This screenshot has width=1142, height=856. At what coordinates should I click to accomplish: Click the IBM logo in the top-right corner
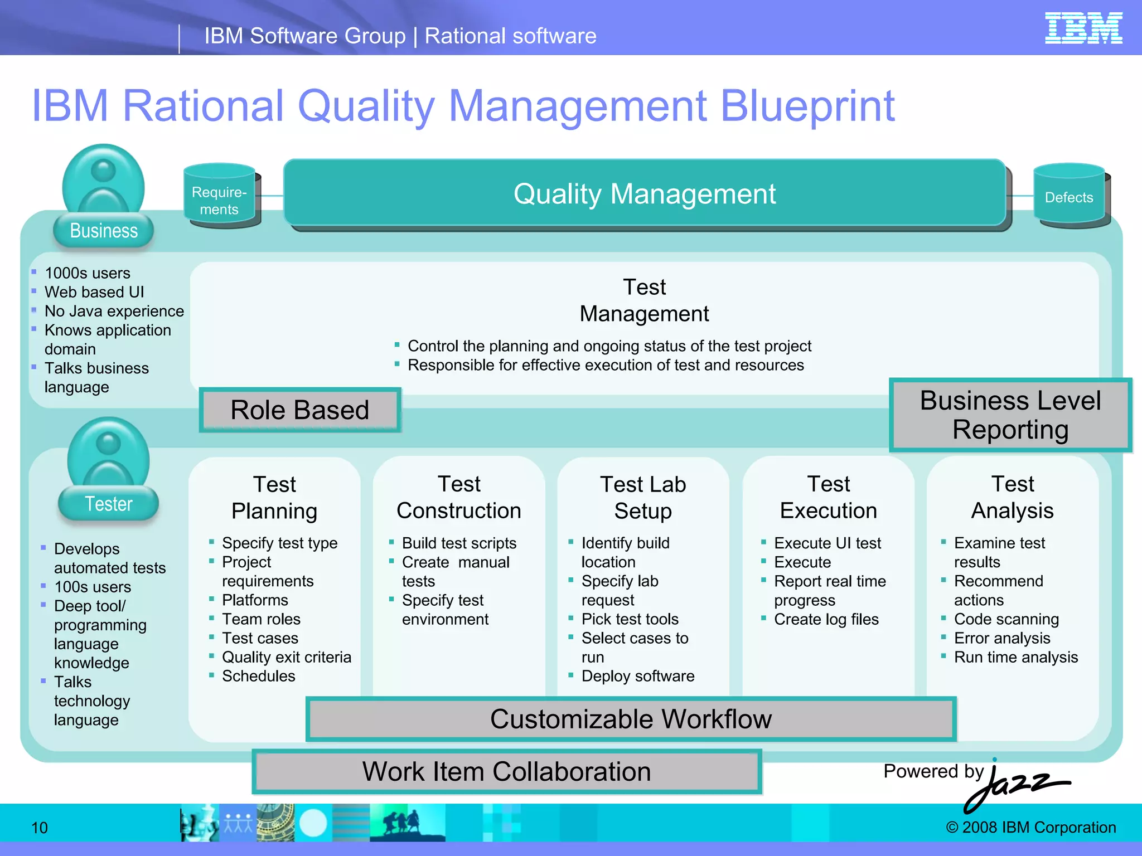pyautogui.click(x=1083, y=28)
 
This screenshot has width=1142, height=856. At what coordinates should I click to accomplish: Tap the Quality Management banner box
pyautogui.click(x=644, y=194)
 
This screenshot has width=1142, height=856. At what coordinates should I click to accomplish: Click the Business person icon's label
pyautogui.click(x=104, y=231)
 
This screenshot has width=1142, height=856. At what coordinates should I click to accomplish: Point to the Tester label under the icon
pyautogui.click(x=108, y=504)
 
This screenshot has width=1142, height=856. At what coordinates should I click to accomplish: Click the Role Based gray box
pyautogui.click(x=300, y=410)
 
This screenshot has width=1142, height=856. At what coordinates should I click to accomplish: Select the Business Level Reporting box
pyautogui.click(x=1010, y=415)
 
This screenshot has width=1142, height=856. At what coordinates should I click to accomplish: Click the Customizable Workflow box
pyautogui.click(x=631, y=719)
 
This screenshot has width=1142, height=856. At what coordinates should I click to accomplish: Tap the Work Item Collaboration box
pyautogui.click(x=506, y=772)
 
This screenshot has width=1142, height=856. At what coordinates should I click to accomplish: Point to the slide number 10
pyautogui.click(x=40, y=828)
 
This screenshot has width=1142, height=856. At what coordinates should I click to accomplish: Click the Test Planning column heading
pyautogui.click(x=274, y=498)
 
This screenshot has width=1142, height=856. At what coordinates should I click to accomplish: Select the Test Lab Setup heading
pyautogui.click(x=643, y=498)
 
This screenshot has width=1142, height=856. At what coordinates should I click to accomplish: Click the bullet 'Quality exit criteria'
pyautogui.click(x=286, y=657)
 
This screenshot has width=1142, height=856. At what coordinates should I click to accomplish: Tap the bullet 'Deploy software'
pyautogui.click(x=637, y=676)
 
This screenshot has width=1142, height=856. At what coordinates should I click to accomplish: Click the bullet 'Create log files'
pyautogui.click(x=826, y=619)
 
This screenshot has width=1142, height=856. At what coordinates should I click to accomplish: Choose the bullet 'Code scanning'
pyautogui.click(x=1006, y=619)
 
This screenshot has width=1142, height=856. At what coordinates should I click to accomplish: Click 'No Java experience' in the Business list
pyautogui.click(x=114, y=311)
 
